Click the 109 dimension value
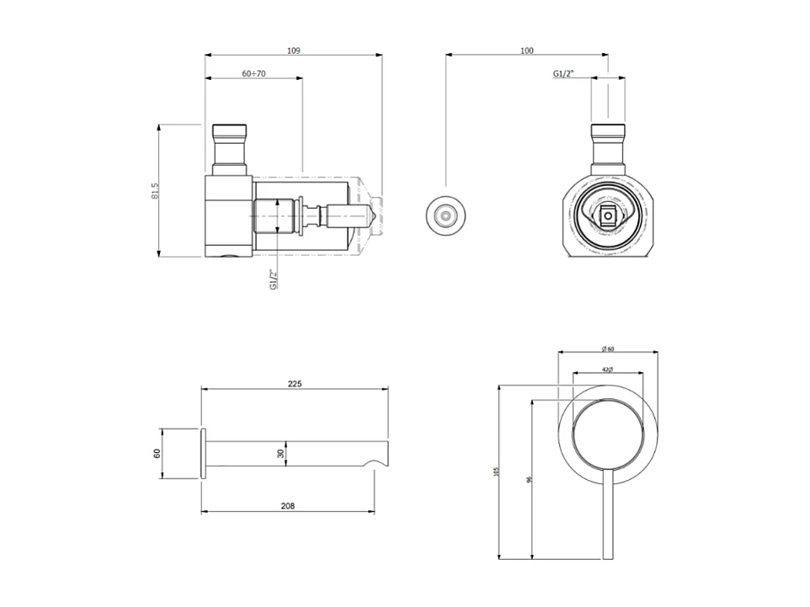[x=293, y=51]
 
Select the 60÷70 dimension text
[x=253, y=74]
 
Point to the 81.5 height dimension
[x=155, y=191]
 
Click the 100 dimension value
[x=527, y=51]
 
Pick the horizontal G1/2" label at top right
[x=563, y=75]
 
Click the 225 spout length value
[x=294, y=383]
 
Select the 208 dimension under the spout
[x=287, y=506]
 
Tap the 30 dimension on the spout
[x=281, y=453]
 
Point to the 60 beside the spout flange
[x=157, y=454]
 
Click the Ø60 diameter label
[x=607, y=349]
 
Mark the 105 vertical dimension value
[x=496, y=472]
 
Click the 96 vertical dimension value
[x=528, y=479]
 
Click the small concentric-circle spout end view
[x=444, y=216]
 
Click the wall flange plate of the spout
[x=202, y=454]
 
